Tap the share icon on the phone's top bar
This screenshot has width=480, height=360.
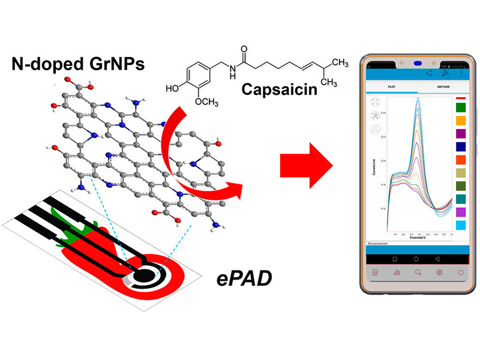428,73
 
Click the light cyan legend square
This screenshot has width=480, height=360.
461,225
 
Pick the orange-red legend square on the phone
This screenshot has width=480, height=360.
461,160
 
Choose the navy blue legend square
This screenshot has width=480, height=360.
461,146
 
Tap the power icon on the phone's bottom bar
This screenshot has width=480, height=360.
460,272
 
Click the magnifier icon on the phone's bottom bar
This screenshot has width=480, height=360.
419,272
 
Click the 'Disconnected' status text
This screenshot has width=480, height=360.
377,244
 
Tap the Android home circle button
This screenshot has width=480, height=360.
419,258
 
